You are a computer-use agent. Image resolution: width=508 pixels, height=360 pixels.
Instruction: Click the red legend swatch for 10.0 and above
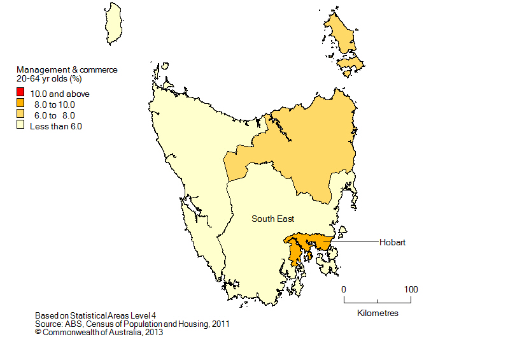click(x=21, y=94)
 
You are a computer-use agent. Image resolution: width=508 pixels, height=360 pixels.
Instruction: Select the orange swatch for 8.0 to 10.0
click(x=21, y=104)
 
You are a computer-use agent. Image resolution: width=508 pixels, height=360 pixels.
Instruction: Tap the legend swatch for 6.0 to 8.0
click(x=21, y=115)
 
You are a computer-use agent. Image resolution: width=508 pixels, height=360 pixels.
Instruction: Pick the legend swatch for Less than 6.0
click(x=21, y=126)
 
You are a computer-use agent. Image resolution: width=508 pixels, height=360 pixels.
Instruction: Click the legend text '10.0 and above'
click(x=60, y=94)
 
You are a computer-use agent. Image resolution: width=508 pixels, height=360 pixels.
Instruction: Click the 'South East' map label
click(x=272, y=219)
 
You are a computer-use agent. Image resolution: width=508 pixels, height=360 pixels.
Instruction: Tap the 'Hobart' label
click(x=392, y=242)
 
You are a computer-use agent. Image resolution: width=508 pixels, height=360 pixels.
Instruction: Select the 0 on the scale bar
click(x=344, y=289)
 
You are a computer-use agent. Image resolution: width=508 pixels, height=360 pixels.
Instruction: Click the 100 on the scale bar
click(x=411, y=289)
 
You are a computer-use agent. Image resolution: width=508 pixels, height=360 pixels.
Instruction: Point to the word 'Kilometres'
click(x=377, y=313)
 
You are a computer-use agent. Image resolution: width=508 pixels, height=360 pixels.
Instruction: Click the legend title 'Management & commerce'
click(x=67, y=70)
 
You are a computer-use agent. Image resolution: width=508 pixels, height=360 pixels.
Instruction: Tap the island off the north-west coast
click(x=113, y=22)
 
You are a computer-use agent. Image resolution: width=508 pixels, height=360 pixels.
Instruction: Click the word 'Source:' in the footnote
click(x=50, y=324)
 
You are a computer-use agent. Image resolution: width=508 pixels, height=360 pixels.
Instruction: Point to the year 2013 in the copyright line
click(x=155, y=332)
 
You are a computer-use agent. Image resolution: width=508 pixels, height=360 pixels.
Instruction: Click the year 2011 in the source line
click(x=220, y=324)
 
